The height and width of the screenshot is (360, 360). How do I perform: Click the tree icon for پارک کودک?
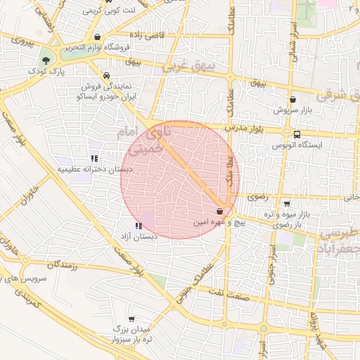click(46, 60)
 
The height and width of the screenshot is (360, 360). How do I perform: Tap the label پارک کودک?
click(47, 72)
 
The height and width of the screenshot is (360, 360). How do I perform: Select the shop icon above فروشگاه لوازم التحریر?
click(97, 37)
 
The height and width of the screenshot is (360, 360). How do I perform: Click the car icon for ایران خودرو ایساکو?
click(105, 75)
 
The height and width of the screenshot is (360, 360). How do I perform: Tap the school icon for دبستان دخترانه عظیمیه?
click(94, 157)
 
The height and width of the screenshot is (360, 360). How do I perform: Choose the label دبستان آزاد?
click(138, 237)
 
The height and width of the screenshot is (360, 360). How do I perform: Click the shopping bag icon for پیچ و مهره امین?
click(220, 210)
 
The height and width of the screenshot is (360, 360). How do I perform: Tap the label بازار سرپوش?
click(292, 111)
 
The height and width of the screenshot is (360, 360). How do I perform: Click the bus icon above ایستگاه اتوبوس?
click(297, 134)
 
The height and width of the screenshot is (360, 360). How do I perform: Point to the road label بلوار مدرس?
click(245, 129)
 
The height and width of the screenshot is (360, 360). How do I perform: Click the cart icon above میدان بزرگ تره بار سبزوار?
click(131, 319)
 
